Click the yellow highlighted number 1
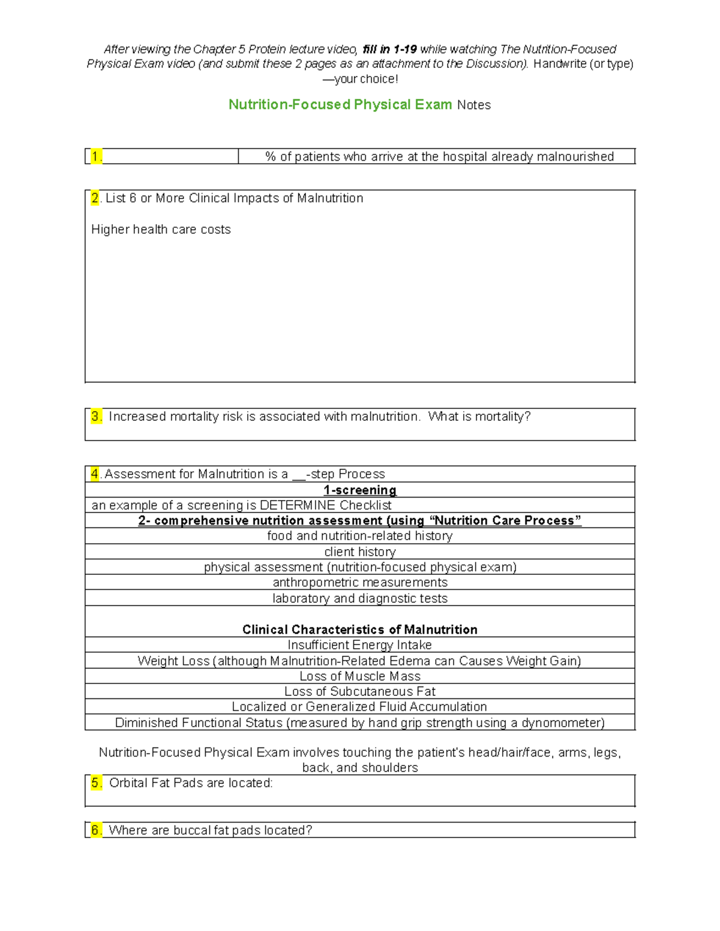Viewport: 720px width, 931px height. coord(96,156)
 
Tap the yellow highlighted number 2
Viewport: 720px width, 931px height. coord(95,198)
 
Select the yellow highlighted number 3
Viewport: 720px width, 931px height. coord(97,416)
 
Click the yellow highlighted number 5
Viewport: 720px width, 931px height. coord(97,782)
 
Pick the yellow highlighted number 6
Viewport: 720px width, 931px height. coord(96,830)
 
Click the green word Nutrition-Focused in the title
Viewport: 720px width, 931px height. coord(289,104)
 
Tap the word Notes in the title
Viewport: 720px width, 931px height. coord(474,105)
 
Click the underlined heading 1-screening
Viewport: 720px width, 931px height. coord(360,490)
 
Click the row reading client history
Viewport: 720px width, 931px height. coord(360,552)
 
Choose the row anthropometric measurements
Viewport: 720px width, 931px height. coord(360,582)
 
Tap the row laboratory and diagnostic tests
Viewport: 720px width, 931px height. coord(360,598)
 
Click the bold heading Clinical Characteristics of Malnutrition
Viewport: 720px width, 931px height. coord(360,629)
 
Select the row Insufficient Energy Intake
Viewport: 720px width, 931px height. coord(360,645)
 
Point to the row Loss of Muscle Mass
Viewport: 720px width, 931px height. coord(360,676)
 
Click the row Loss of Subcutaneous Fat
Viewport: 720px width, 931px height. coord(360,691)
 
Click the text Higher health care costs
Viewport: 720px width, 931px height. coord(161,230)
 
